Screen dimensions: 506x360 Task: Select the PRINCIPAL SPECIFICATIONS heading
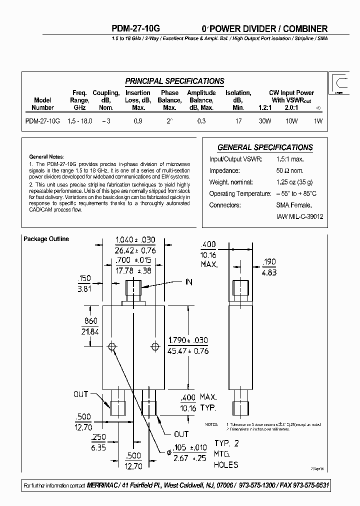(174, 81)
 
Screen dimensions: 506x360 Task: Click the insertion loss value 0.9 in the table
(137, 121)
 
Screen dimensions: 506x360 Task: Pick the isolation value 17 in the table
(238, 121)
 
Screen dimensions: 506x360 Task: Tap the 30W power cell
(264, 121)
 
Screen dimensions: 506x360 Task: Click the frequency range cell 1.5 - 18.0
(79, 121)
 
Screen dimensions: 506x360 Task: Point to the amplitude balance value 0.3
(201, 121)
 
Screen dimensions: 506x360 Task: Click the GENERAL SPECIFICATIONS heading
(265, 147)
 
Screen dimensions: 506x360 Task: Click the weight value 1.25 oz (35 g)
(296, 182)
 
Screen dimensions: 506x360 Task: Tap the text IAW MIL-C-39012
(300, 216)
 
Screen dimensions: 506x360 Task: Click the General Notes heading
(45, 156)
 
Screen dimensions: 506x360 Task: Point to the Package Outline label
(46, 239)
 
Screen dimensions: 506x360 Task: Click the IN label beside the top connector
(188, 282)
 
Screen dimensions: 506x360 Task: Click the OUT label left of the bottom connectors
(81, 394)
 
